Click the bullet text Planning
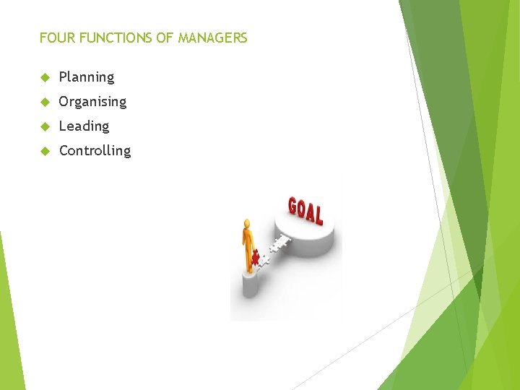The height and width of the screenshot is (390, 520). point(86,77)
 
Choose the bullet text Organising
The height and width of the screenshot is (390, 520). point(92,102)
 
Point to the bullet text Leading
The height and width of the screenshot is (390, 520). point(84,126)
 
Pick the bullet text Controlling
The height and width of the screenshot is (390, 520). point(95,151)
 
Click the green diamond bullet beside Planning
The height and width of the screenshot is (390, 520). point(44,77)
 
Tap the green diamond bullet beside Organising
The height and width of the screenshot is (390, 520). point(44,102)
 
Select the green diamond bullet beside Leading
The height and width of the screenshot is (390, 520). point(44,126)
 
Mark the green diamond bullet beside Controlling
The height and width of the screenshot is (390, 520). point(44,151)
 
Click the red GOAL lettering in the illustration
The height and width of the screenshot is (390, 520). point(305,209)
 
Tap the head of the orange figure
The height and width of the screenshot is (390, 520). point(247,223)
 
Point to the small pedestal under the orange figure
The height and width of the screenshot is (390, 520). point(250,284)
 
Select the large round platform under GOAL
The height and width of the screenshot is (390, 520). point(306,238)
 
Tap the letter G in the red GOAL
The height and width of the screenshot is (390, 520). point(293,206)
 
